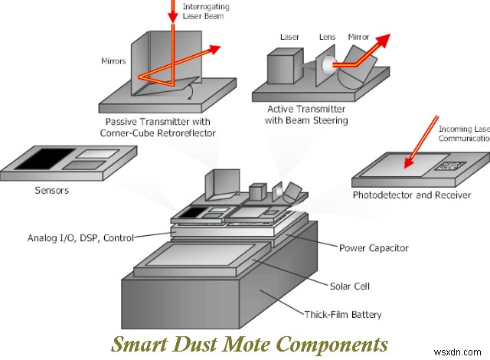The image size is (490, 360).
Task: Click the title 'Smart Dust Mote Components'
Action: tap(249, 342)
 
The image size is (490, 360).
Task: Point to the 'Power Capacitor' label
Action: tap(374, 247)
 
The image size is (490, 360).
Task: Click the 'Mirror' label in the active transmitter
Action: tap(358, 35)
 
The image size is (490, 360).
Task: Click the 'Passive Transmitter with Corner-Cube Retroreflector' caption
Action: tap(155, 128)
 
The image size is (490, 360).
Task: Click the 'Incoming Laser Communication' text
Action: tap(463, 133)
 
